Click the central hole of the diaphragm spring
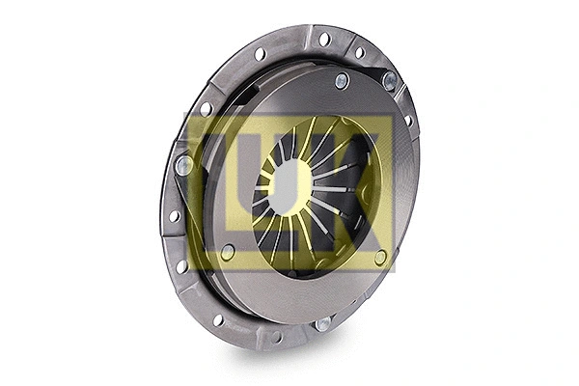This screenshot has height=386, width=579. point(289,182)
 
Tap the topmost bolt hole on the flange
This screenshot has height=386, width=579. point(324,39)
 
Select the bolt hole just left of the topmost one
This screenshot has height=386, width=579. point(261,54)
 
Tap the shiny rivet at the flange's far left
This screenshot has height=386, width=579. point(182,165)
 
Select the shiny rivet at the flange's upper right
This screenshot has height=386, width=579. point(389,82)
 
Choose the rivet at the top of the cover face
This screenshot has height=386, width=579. point(342,81)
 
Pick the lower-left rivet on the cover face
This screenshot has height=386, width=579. point(228,253)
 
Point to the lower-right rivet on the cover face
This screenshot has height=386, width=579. point(381,257)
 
